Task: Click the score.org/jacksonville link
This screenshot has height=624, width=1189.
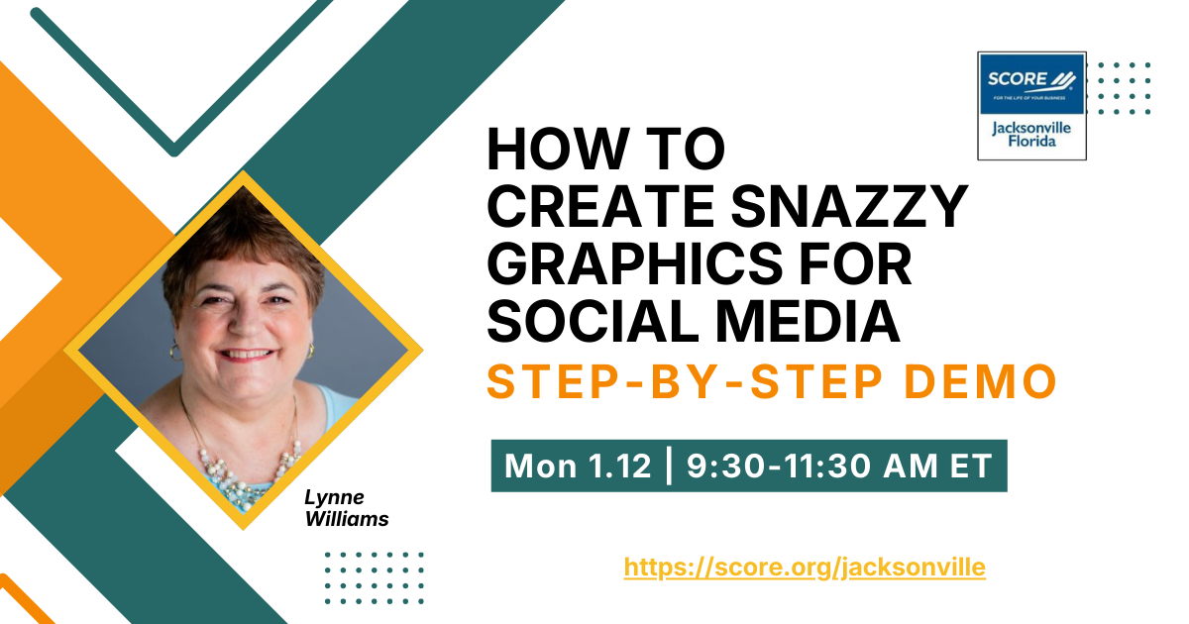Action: point(805,568)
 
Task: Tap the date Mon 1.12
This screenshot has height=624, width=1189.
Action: point(578,466)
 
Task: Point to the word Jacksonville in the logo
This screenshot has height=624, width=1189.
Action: point(1032,127)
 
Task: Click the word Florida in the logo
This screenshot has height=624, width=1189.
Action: point(1031,142)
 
